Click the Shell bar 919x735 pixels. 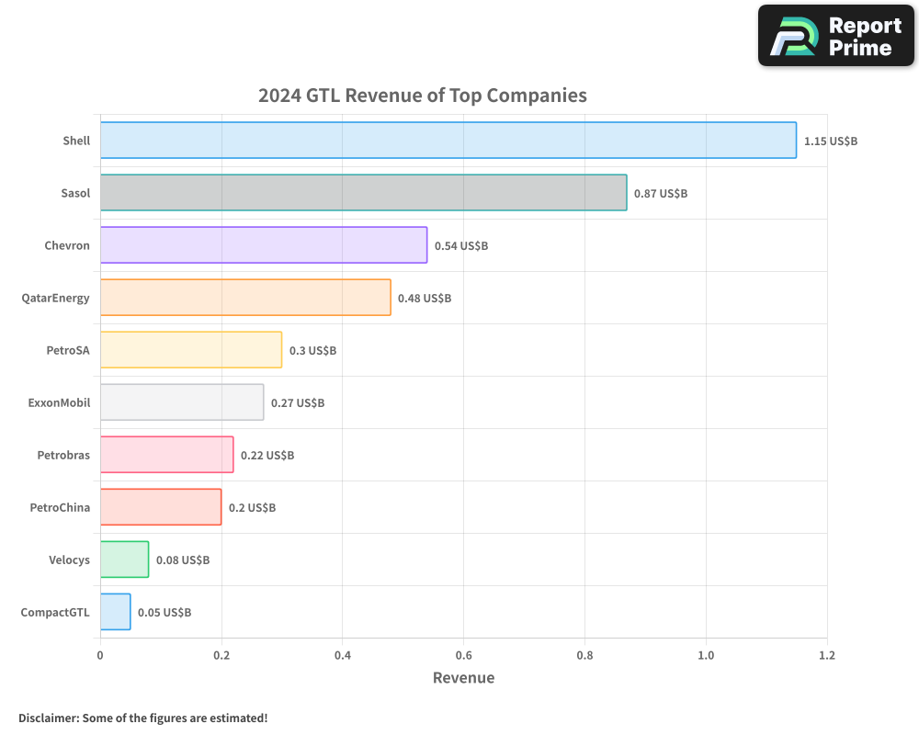click(448, 141)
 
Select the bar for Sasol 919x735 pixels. click(363, 193)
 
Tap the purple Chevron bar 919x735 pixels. click(263, 245)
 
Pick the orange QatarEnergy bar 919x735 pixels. click(244, 298)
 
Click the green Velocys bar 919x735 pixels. click(124, 560)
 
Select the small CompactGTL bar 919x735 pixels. click(115, 612)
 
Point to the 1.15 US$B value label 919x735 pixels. click(830, 141)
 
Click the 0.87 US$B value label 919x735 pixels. click(661, 194)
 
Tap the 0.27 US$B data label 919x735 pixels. click(298, 403)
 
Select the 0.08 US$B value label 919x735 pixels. click(183, 560)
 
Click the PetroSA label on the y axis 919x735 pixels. click(68, 350)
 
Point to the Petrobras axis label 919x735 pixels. click(63, 455)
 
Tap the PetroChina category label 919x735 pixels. click(60, 507)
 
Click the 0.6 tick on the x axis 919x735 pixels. click(463, 655)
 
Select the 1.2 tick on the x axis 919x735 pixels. click(826, 655)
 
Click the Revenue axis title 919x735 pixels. click(463, 678)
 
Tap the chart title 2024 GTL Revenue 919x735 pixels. click(422, 96)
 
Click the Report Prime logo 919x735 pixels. click(835, 36)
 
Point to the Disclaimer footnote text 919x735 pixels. click(142, 718)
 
